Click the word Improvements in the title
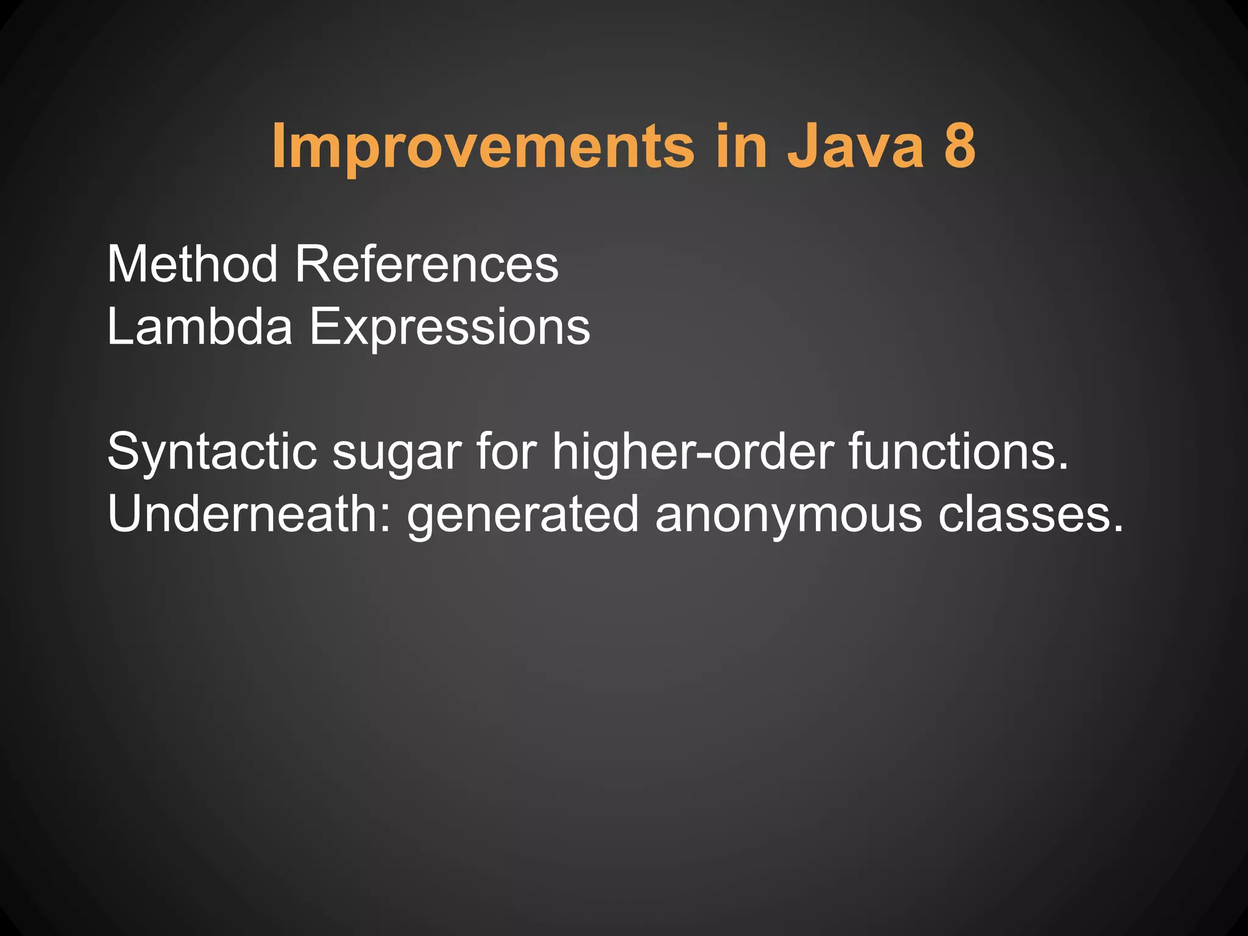tap(483, 146)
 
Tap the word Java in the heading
tap(856, 146)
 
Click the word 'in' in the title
tap(740, 146)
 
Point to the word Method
tap(192, 264)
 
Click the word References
tap(427, 264)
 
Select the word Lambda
tap(199, 327)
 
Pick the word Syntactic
tap(212, 453)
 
